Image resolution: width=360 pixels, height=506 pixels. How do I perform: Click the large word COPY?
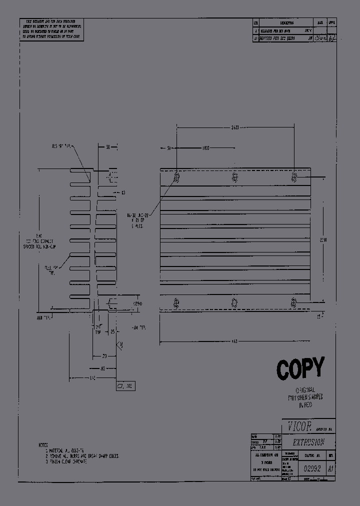[x=300, y=369]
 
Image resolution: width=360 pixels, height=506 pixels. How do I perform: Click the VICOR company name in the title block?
[x=299, y=426]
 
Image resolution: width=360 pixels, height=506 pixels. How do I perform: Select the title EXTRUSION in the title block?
[x=308, y=442]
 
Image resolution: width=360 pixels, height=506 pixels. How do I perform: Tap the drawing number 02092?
[x=313, y=468]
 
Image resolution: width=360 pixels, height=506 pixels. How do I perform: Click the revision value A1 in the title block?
[x=330, y=468]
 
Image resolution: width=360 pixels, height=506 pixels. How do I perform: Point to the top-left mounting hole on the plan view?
[x=176, y=177]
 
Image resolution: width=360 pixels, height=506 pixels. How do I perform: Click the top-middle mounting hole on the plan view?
[x=234, y=177]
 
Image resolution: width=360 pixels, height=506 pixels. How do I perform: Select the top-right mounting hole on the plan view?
[x=294, y=177]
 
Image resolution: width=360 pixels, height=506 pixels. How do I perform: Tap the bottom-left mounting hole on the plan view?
[x=176, y=302]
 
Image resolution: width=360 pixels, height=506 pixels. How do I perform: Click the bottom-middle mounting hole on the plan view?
[x=234, y=302]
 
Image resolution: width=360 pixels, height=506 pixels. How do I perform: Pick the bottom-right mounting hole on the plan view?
[x=294, y=302]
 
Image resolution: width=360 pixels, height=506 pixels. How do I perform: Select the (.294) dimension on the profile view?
[x=124, y=303]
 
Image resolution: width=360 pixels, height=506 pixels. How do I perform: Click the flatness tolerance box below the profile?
[x=125, y=386]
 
